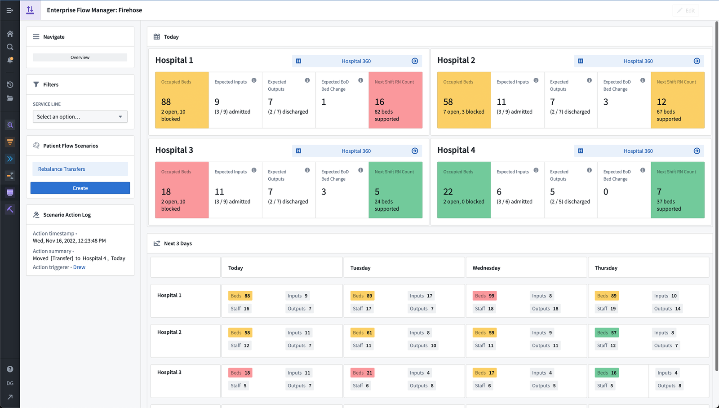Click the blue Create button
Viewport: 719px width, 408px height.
pyautogui.click(x=80, y=188)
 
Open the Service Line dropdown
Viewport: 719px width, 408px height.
pyautogui.click(x=80, y=117)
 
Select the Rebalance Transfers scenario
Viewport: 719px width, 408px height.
pyautogui.click(x=80, y=169)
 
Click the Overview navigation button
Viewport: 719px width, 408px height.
pyautogui.click(x=80, y=58)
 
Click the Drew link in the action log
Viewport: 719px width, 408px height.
pyautogui.click(x=79, y=267)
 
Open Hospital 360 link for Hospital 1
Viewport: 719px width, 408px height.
pyautogui.click(x=356, y=61)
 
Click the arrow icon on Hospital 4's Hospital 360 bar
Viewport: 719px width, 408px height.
pyautogui.click(x=697, y=151)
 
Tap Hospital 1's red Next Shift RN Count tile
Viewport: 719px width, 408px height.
pyautogui.click(x=395, y=100)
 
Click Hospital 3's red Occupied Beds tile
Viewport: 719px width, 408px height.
pyautogui.click(x=182, y=190)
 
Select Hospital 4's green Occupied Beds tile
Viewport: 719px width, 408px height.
pyautogui.click(x=464, y=190)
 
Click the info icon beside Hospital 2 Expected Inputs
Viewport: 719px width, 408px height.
pyautogui.click(x=536, y=80)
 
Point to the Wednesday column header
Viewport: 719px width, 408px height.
pyautogui.click(x=486, y=268)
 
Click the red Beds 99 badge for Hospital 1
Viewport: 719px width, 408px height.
pyautogui.click(x=484, y=296)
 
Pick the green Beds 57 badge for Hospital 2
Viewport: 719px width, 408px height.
pyautogui.click(x=607, y=333)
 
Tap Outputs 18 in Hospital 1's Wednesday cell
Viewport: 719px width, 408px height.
pyautogui.click(x=545, y=309)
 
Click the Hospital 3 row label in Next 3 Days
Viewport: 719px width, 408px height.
pyautogui.click(x=169, y=373)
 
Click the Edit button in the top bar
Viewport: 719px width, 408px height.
pyautogui.click(x=686, y=10)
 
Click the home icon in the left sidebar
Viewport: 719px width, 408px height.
pyautogui.click(x=10, y=34)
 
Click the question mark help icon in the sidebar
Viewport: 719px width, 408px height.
pyautogui.click(x=10, y=369)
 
